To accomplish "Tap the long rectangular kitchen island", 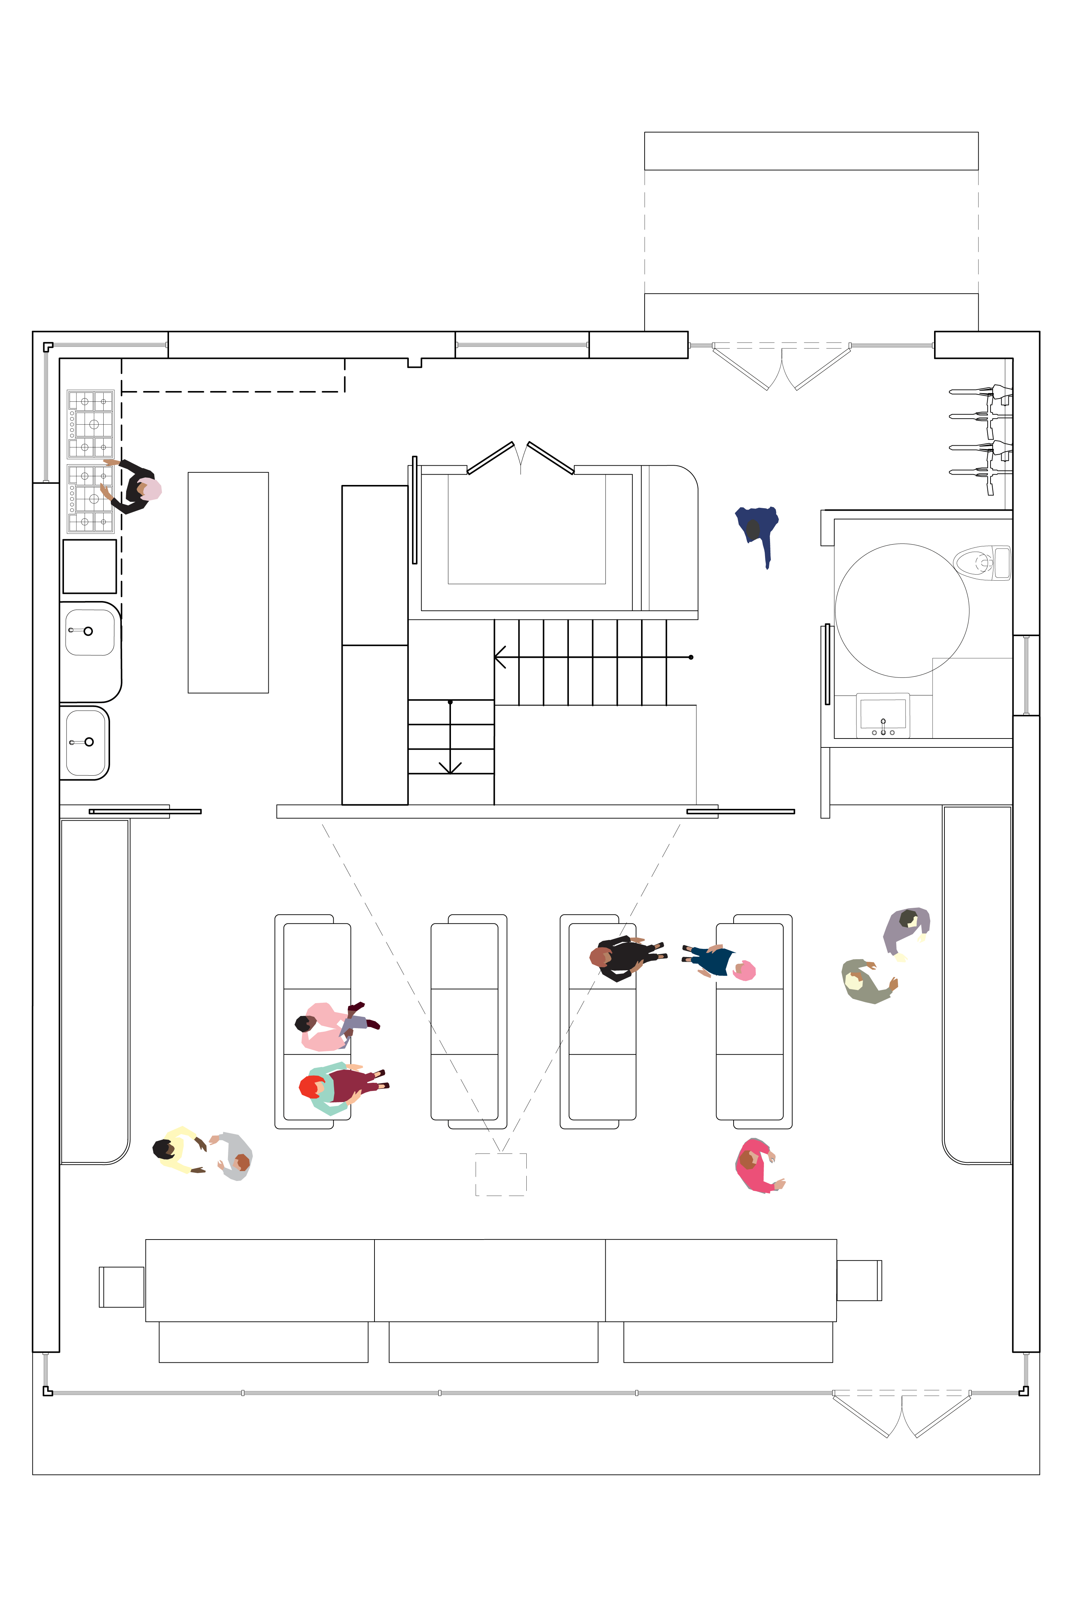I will point(228,582).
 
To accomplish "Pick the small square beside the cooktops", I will point(90,566).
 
